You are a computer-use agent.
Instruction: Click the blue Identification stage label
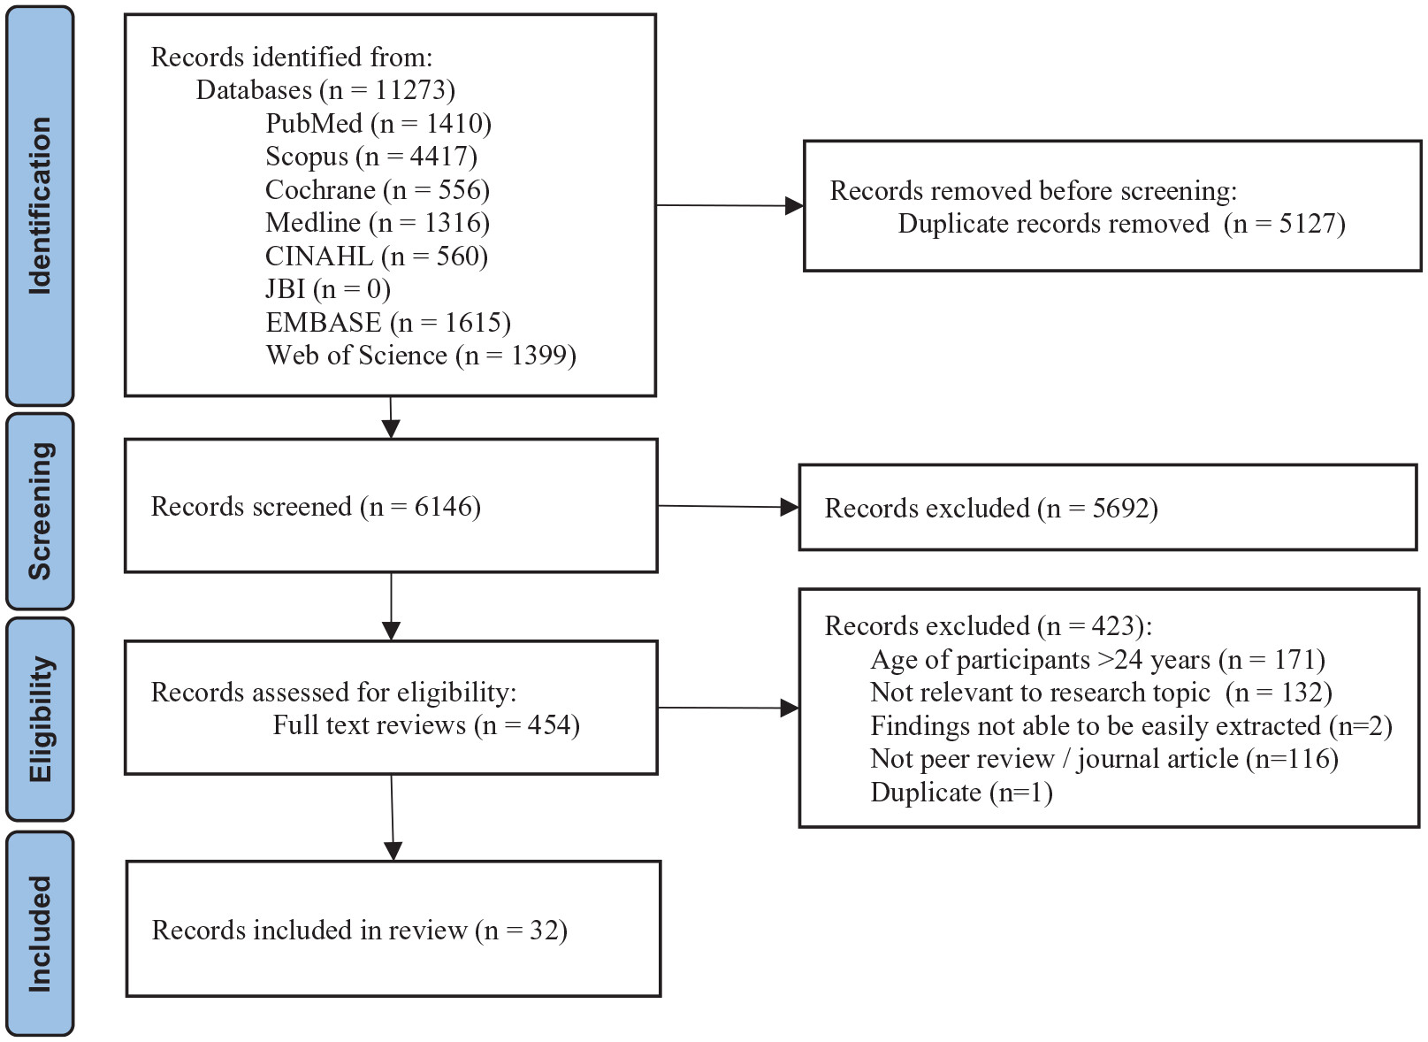tap(40, 205)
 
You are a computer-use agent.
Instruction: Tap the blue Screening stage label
tap(40, 511)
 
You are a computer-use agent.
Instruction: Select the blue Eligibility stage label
tap(40, 718)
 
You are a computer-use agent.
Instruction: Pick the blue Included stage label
tap(40, 933)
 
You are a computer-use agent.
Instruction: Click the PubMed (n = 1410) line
tap(378, 123)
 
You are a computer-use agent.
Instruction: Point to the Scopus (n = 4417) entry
tap(371, 157)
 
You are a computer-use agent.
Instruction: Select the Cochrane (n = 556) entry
tap(378, 190)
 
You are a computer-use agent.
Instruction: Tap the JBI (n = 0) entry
tap(328, 289)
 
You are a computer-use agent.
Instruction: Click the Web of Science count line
tap(421, 356)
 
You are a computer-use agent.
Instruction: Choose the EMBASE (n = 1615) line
tap(388, 322)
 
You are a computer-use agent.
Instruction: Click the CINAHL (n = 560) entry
tap(377, 257)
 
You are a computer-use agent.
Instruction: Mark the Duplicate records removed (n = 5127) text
tap(1121, 224)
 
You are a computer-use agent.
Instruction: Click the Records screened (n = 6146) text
tap(316, 507)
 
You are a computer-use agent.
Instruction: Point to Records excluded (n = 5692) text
tap(991, 509)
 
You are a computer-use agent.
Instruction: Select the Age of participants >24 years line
tap(1098, 659)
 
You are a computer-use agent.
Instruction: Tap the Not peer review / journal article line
tap(1104, 759)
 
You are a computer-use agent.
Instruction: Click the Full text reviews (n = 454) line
tap(426, 725)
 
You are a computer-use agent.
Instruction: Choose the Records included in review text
tap(360, 931)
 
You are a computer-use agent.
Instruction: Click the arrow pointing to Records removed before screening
tap(730, 205)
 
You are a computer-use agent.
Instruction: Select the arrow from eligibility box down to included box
tap(392, 817)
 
